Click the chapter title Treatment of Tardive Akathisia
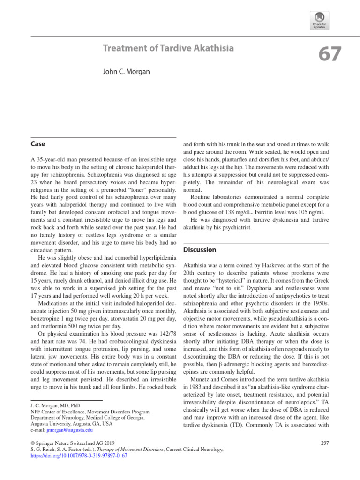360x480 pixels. click(x=168, y=48)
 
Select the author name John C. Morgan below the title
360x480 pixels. click(x=126, y=71)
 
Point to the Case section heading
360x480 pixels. click(x=38, y=144)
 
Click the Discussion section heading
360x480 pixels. click(x=199, y=250)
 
